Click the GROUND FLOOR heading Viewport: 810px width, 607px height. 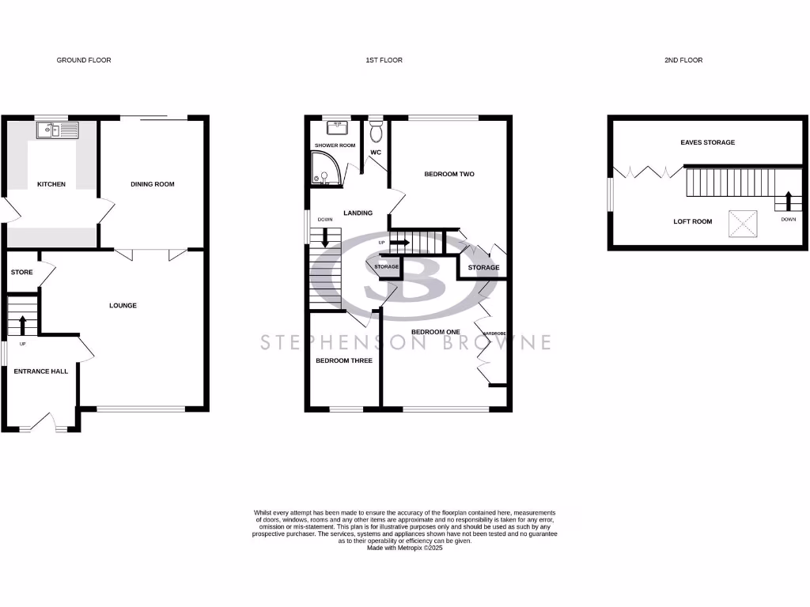(x=84, y=60)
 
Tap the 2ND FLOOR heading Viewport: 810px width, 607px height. (x=683, y=60)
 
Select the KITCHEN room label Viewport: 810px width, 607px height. (x=51, y=184)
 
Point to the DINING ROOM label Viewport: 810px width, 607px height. (x=153, y=184)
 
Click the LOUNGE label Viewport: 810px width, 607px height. (x=123, y=305)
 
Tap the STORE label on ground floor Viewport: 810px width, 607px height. (x=22, y=273)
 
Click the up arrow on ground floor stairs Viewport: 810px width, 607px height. (x=22, y=324)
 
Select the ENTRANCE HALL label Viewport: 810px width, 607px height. (x=41, y=371)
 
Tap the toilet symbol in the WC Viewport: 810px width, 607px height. (x=376, y=128)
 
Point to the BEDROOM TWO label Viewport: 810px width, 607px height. (x=449, y=174)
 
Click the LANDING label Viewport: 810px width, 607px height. (x=358, y=213)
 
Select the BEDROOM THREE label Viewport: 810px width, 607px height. (x=344, y=360)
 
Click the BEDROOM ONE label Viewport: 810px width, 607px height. (x=434, y=332)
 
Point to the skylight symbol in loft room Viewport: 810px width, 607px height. (x=742, y=223)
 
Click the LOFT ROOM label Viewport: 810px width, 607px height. (x=693, y=221)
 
